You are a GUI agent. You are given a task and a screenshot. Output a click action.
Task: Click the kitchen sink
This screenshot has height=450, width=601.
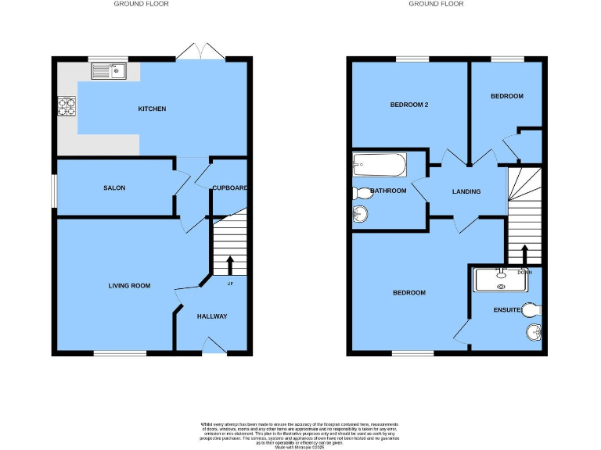click(x=110, y=73)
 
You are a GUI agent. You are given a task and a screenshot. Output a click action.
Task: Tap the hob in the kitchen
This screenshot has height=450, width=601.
click(x=66, y=105)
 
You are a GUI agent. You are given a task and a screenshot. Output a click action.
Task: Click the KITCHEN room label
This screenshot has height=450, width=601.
click(x=152, y=109)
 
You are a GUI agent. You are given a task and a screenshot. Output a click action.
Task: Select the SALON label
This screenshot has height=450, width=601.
click(x=114, y=187)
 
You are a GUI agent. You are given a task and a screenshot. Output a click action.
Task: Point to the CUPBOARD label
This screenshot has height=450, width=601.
click(x=230, y=187)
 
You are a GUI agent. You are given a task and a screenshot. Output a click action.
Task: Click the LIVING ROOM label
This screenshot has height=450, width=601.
click(x=129, y=286)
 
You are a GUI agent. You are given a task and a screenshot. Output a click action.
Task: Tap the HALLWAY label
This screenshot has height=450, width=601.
click(x=212, y=316)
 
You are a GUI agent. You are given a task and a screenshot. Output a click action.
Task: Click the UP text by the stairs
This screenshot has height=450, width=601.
click(x=229, y=283)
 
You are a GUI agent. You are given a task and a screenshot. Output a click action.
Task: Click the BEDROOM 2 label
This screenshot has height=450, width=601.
click(x=409, y=105)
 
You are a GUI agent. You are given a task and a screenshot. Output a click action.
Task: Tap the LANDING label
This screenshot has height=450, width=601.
click(x=466, y=191)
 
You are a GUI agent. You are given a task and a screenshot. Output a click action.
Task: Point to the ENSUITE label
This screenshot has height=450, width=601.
click(x=508, y=310)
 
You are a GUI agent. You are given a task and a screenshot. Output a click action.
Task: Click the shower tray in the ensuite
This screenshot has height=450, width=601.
click(x=501, y=279)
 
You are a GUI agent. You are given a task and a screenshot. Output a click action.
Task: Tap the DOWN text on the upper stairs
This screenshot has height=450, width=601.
click(x=524, y=273)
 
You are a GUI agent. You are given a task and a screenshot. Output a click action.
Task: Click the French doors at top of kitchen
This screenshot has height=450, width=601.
click(x=200, y=53)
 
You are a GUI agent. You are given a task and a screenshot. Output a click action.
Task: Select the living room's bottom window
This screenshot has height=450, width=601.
click(x=120, y=354)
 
